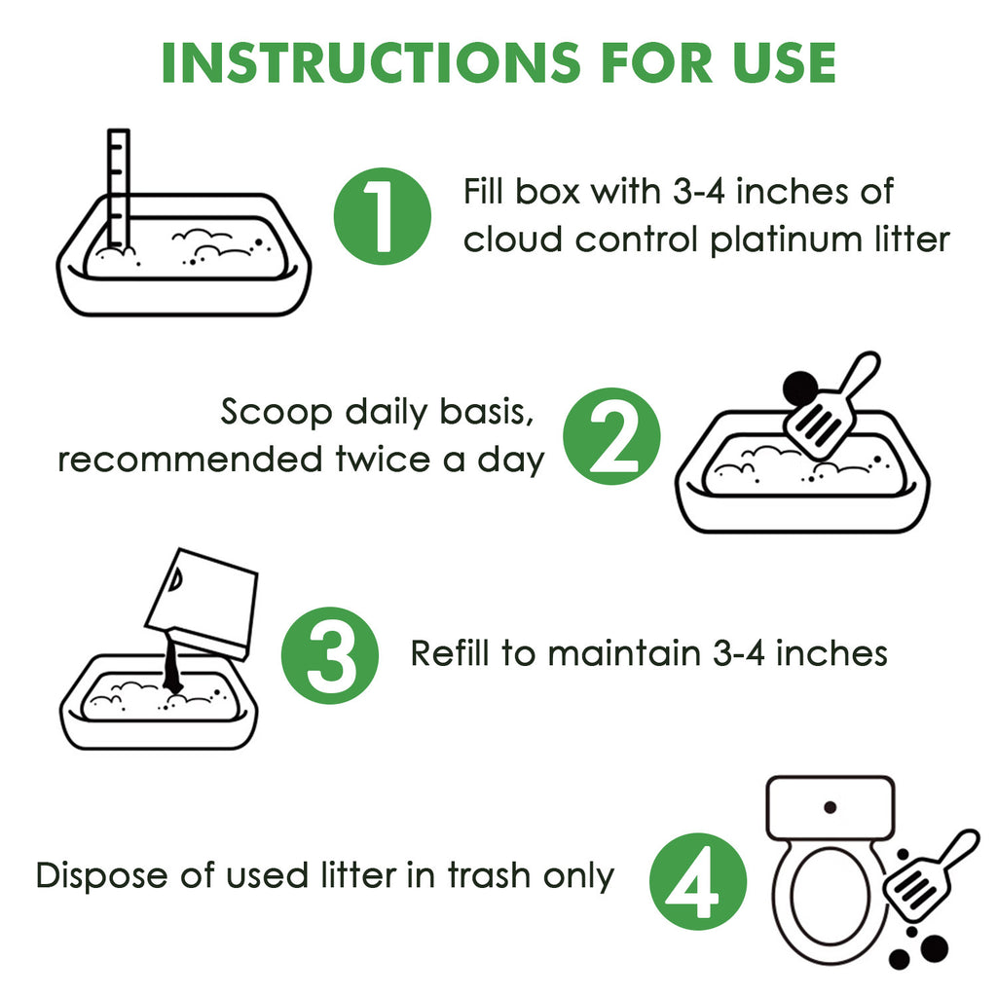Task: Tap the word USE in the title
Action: pyautogui.click(x=784, y=63)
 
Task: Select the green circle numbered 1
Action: pyautogui.click(x=382, y=216)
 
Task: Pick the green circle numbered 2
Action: pyautogui.click(x=611, y=436)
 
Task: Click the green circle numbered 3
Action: pyautogui.click(x=330, y=655)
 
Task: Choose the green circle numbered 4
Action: pyautogui.click(x=698, y=881)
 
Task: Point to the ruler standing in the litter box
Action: pyautogui.click(x=118, y=188)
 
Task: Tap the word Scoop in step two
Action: pyautogui.click(x=276, y=412)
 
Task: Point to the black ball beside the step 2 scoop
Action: pyautogui.click(x=800, y=388)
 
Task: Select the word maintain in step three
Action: pyautogui.click(x=624, y=653)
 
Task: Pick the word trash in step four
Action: pyautogui.click(x=490, y=875)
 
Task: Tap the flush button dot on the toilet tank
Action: pyautogui.click(x=830, y=807)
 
